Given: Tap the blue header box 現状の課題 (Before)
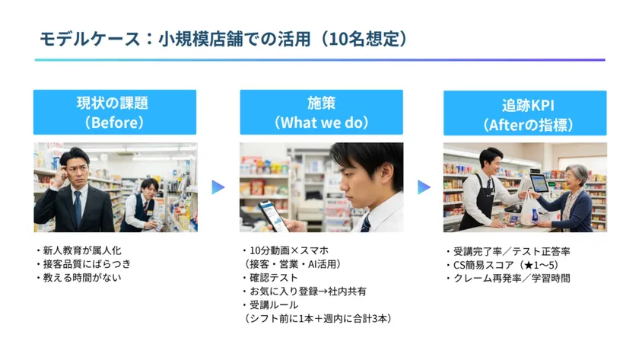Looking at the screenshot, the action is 115,112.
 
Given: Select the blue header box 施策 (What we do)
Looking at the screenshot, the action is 321,112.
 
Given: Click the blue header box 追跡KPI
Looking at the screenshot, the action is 525,113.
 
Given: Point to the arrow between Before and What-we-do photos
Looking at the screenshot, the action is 218,187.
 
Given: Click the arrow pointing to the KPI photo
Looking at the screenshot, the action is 424,187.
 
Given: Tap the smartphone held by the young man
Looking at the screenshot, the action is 272,215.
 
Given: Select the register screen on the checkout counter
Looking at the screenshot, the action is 539,183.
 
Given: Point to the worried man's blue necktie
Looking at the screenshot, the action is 78,208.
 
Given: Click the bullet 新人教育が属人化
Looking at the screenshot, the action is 79,250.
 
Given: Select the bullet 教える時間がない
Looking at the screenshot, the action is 79,278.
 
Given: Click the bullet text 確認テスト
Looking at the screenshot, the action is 271,278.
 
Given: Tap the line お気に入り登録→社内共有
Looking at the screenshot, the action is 305,291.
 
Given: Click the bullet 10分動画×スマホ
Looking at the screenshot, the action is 286,250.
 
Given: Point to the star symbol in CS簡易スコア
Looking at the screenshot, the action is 529,266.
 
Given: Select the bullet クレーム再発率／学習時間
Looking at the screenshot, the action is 509,279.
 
